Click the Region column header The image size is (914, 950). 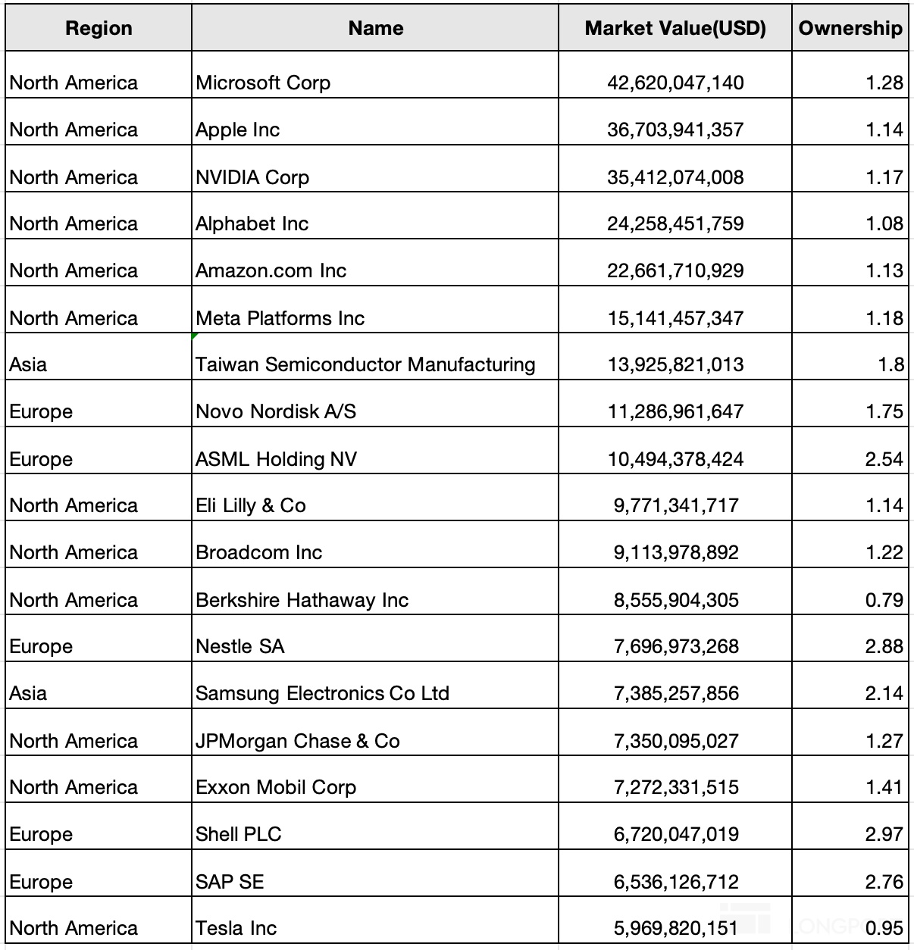tap(99, 29)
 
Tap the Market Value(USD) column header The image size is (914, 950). tap(675, 29)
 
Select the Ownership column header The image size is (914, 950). tap(850, 29)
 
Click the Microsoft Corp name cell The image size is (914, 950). tap(263, 83)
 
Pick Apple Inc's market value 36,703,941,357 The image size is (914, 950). tap(675, 130)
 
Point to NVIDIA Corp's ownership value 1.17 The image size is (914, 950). tap(884, 177)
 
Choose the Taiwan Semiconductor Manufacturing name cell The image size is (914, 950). tap(365, 364)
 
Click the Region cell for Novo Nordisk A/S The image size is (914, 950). tap(42, 411)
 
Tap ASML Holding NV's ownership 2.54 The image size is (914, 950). tap(884, 459)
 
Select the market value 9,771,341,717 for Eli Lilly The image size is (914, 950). tap(675, 505)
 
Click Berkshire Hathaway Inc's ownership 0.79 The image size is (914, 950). tap(884, 600)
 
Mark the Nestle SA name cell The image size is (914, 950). tap(240, 646)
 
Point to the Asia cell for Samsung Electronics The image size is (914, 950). tap(28, 693)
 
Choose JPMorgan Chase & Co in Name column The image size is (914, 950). tap(298, 741)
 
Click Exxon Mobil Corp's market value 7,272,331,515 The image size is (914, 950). tap(675, 787)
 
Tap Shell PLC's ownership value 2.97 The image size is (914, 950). tap(884, 834)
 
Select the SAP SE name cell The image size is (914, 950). tap(230, 882)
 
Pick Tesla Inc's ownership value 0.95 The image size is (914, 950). tap(884, 928)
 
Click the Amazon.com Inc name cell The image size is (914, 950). tap(271, 270)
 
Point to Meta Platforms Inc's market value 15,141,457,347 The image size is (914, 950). tap(675, 318)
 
